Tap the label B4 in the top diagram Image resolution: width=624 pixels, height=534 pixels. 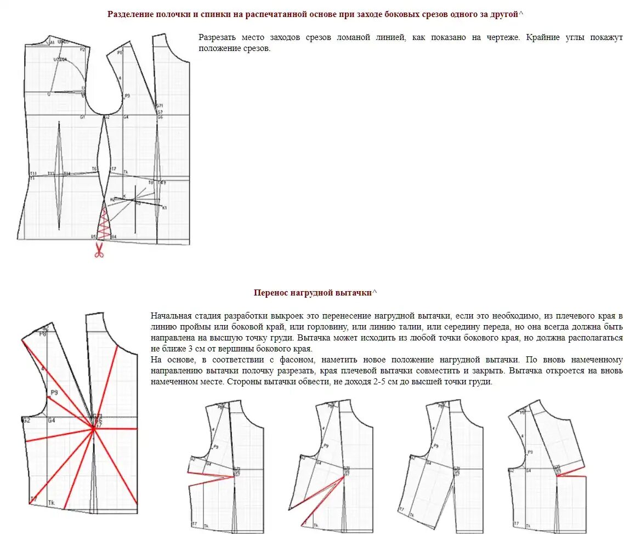114,237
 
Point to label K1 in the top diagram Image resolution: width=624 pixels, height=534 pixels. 164,208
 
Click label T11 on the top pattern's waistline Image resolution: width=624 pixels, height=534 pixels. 33,173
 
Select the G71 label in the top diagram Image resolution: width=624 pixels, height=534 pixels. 160,105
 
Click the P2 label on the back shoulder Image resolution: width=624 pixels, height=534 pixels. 82,49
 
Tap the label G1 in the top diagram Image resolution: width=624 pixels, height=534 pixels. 82,117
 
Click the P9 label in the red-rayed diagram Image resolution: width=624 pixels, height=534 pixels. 54,393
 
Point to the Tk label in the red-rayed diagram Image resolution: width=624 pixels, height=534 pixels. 52,503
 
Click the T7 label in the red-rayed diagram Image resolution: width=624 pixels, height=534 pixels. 33,498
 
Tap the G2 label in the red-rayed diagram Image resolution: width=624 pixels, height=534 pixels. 26,421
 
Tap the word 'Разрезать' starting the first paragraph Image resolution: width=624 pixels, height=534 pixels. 218,38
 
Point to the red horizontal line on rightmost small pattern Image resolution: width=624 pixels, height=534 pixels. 572,476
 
